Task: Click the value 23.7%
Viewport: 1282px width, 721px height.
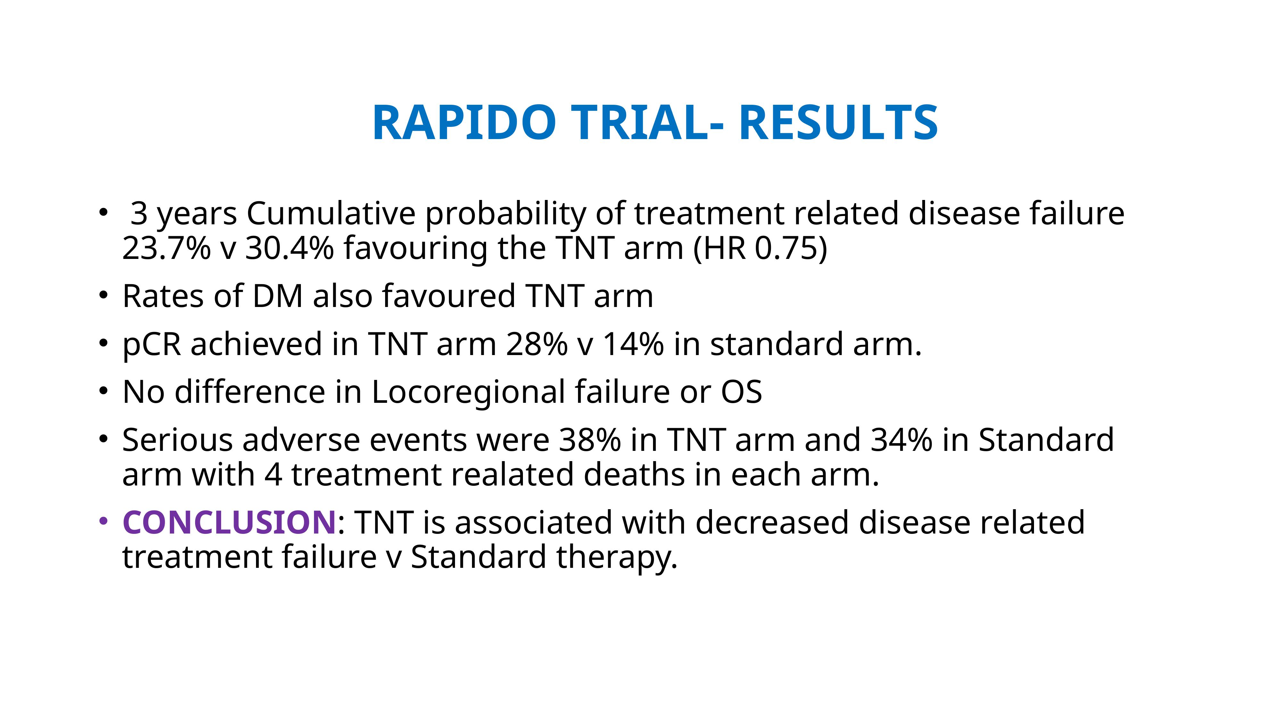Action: pos(167,248)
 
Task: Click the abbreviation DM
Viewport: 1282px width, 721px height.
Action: pos(278,296)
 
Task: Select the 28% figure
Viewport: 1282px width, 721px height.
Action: pos(536,344)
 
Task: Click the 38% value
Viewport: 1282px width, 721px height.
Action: pos(590,440)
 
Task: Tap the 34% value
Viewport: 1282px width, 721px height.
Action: pos(901,440)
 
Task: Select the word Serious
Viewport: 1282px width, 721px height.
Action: pos(177,440)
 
